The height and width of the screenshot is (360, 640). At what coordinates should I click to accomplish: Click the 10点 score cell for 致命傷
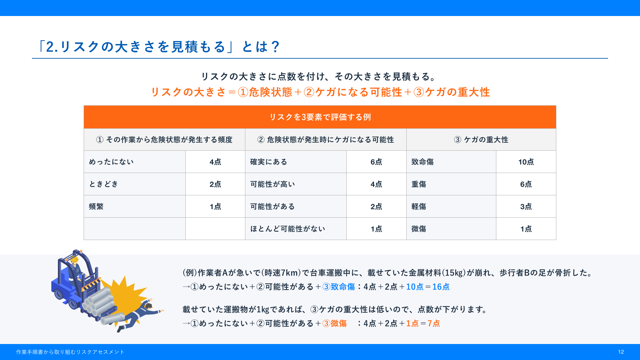click(x=526, y=162)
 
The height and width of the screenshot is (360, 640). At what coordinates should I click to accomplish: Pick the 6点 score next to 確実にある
click(x=376, y=162)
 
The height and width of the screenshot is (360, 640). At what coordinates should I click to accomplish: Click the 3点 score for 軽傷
click(x=526, y=207)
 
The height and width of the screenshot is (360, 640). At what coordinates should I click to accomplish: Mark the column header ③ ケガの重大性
click(x=481, y=140)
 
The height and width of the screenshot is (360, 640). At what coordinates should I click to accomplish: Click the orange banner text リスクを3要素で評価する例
click(x=320, y=117)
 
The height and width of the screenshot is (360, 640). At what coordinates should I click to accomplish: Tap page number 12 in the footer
click(x=621, y=352)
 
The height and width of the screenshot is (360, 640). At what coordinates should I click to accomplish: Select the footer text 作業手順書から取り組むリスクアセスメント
click(x=70, y=352)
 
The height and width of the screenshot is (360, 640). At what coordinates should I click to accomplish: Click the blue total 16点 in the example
click(x=441, y=287)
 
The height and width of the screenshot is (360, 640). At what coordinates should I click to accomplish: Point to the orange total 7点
click(x=434, y=324)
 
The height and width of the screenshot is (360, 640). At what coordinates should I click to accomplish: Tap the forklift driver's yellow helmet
click(x=74, y=259)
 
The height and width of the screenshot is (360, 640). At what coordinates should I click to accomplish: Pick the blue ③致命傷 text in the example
click(x=339, y=287)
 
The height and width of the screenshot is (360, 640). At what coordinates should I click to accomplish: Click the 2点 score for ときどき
click(x=215, y=184)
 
